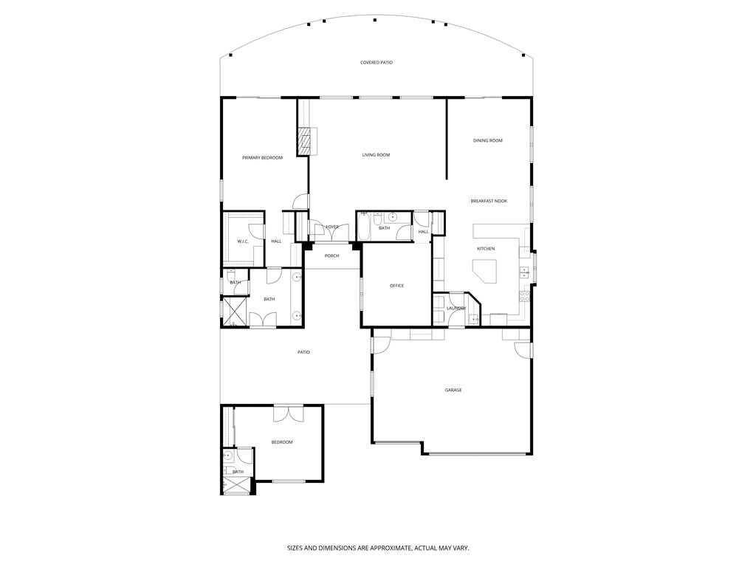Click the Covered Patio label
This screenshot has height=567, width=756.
[x=377, y=62]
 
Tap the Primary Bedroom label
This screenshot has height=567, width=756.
[x=262, y=158]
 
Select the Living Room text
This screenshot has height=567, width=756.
[x=376, y=155]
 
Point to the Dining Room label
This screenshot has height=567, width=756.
[x=488, y=140]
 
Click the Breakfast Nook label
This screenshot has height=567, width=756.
[x=489, y=201]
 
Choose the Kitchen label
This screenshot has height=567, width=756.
[x=486, y=249]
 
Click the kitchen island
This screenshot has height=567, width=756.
[x=485, y=272]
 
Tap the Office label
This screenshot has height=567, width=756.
[x=396, y=286]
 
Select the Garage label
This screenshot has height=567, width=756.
[x=453, y=390]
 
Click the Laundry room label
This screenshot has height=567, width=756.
[x=456, y=308]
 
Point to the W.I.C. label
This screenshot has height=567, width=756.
[x=243, y=241]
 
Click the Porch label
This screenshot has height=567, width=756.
[x=331, y=256]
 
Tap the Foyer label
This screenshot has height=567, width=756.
[x=332, y=227]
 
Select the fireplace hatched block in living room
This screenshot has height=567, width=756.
[x=304, y=141]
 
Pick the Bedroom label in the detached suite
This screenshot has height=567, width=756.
[x=282, y=442]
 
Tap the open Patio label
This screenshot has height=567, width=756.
[x=303, y=352]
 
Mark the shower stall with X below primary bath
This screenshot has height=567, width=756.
[x=235, y=312]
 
